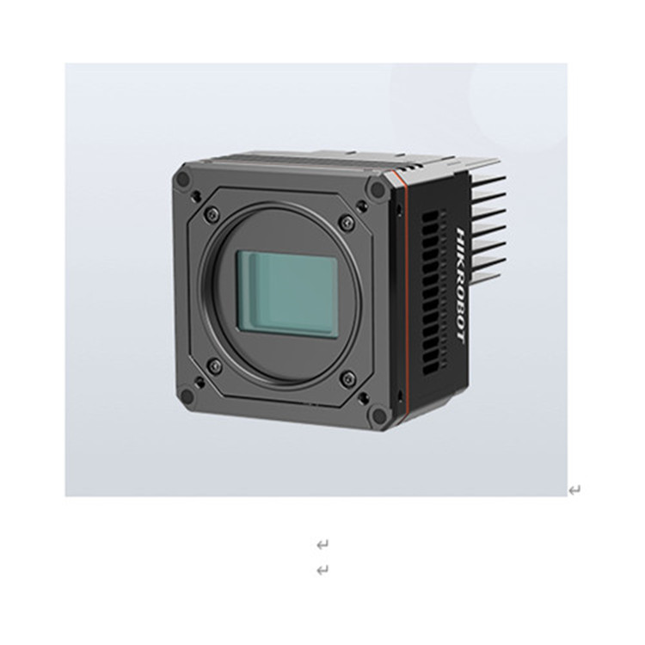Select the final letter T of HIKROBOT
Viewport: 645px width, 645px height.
(x=459, y=335)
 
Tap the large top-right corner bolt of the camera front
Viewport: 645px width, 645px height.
(x=376, y=188)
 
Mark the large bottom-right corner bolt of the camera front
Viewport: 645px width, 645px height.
(x=377, y=415)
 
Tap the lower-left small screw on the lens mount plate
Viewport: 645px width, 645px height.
(x=215, y=366)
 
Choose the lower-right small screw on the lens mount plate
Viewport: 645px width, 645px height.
(x=347, y=379)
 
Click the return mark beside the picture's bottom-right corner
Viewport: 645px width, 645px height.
(x=574, y=490)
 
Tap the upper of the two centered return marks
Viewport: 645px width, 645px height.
(x=322, y=544)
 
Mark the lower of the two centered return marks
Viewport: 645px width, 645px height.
(x=322, y=569)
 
